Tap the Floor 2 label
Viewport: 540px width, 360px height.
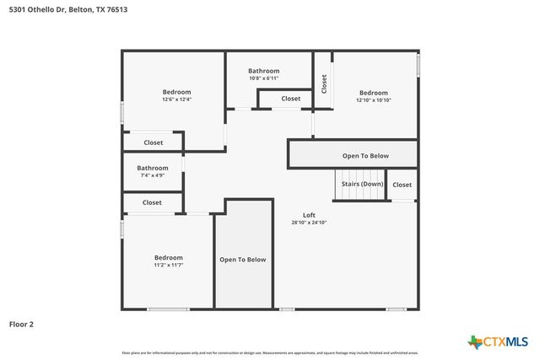21,324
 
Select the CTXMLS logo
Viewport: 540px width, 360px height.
498,341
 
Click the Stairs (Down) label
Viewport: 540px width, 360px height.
361,184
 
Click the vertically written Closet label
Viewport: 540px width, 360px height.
324,83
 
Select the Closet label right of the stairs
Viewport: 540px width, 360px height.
402,185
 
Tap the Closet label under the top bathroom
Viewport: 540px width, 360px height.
290,99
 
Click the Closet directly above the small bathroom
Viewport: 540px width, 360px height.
153,142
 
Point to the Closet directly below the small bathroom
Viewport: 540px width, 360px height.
152,202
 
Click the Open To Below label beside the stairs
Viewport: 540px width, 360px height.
365,156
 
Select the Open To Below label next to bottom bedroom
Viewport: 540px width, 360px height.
243,260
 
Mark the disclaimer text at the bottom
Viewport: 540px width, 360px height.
270,352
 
